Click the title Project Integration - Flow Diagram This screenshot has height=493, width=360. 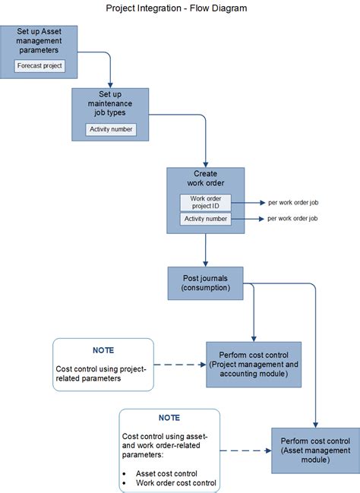click(176, 8)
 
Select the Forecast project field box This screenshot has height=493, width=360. click(39, 66)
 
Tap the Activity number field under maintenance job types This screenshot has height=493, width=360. click(111, 129)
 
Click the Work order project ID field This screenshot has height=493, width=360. click(206, 203)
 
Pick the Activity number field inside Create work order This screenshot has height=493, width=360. click(206, 219)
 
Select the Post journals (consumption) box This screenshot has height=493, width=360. click(205, 283)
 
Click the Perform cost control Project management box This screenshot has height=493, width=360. click(254, 365)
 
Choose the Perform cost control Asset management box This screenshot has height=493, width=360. click(315, 450)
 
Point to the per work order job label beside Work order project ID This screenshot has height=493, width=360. click(293, 203)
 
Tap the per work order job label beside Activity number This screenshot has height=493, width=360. click(292, 219)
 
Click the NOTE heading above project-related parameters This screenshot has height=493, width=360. click(103, 350)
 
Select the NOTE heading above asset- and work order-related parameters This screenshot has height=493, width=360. click(169, 418)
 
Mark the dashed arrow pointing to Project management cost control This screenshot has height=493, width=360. click(180, 365)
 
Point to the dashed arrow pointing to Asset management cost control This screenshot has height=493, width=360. click(245, 450)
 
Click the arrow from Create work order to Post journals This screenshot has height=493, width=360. click(205, 250)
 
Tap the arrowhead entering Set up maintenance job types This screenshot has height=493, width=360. click(110, 86)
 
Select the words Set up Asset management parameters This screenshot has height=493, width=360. click(39, 41)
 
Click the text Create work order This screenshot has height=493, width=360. click(206, 179)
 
